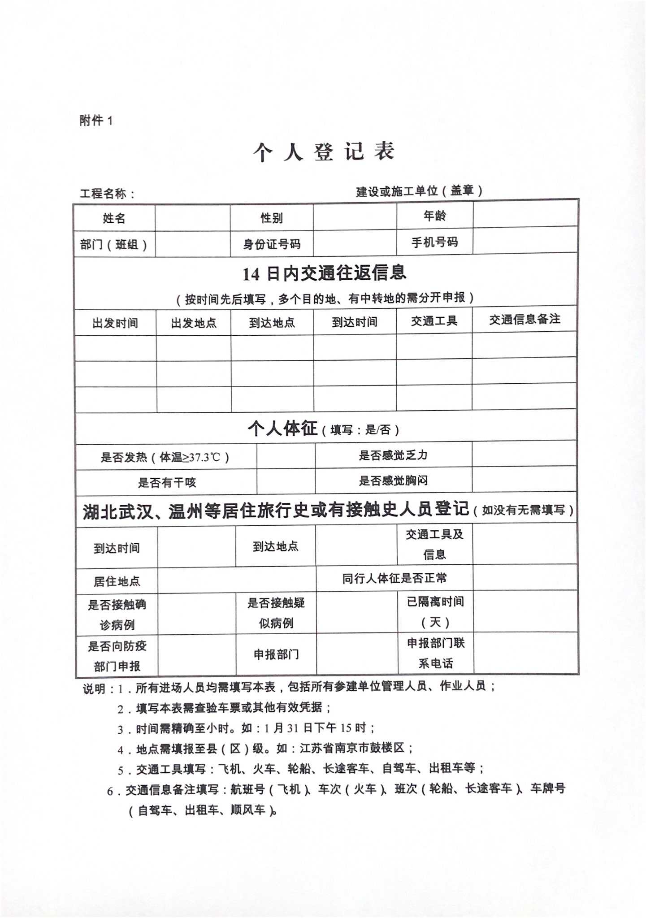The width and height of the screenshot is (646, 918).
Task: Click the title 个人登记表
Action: [323, 152]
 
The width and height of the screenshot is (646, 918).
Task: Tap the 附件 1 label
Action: [96, 120]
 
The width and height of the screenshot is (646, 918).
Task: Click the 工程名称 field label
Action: [107, 194]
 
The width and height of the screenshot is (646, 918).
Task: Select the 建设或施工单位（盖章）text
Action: [419, 191]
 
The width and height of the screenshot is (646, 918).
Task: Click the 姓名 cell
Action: [114, 218]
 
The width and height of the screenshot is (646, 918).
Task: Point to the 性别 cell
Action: [272, 218]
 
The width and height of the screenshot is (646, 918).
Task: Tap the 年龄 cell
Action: [434, 216]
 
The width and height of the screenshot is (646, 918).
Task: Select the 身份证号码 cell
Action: [272, 244]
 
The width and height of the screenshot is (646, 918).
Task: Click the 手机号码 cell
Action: [434, 242]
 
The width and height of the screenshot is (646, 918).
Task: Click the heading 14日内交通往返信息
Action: [325, 273]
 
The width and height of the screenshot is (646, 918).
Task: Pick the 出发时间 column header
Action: [115, 323]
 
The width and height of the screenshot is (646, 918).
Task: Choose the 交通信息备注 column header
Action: [525, 320]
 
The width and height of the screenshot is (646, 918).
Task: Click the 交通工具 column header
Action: [434, 321]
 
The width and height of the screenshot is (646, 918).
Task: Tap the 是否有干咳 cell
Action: [167, 483]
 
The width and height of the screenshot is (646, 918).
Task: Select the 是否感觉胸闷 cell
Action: [393, 481]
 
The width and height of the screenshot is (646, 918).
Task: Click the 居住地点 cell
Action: [117, 582]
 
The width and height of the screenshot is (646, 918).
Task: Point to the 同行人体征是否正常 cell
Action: [395, 578]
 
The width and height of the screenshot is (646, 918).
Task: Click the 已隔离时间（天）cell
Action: [435, 612]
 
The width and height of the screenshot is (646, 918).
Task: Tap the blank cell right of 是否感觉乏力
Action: [524, 454]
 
